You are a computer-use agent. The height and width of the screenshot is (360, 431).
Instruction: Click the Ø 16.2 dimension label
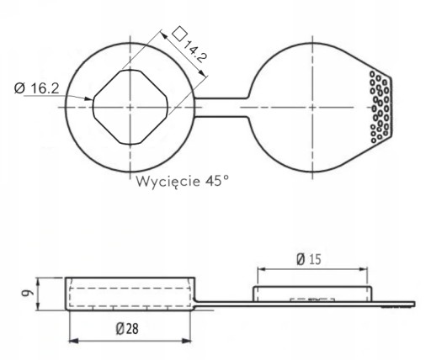tap(37, 88)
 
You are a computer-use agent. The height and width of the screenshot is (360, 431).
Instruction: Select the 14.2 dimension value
tap(195, 51)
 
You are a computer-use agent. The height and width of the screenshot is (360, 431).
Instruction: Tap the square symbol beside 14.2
tap(179, 34)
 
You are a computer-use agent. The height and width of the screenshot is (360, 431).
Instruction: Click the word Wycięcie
tap(168, 182)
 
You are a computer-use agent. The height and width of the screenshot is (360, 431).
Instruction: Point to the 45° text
tap(217, 181)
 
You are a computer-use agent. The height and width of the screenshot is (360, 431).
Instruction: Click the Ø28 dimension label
tap(127, 328)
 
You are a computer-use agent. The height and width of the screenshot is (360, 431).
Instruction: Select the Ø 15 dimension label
tap(309, 259)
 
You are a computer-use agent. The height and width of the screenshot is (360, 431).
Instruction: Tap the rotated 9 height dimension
tap(28, 293)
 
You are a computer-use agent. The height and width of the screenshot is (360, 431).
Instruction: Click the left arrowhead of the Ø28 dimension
tap(73, 341)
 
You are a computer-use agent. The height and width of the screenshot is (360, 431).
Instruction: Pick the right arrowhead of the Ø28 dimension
tap(187, 341)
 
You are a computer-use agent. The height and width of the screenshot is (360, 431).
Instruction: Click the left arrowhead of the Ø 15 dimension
tap(262, 269)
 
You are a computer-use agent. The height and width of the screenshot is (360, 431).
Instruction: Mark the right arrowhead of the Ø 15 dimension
tap(363, 269)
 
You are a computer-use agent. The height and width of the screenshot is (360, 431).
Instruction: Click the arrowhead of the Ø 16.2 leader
tap(88, 98)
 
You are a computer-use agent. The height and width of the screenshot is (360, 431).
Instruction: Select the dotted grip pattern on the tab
tap(380, 107)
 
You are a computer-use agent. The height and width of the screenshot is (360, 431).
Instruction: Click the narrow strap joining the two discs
tap(221, 107)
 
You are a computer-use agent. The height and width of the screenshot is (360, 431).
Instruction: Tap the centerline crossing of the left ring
tap(130, 107)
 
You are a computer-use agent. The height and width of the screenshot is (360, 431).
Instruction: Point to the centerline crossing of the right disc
tap(312, 107)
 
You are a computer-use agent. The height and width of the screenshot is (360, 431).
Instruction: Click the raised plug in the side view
tap(312, 294)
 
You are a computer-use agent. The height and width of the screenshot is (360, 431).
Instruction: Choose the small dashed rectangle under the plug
tap(312, 300)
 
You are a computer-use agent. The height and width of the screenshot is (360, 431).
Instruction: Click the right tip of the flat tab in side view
tap(414, 304)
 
